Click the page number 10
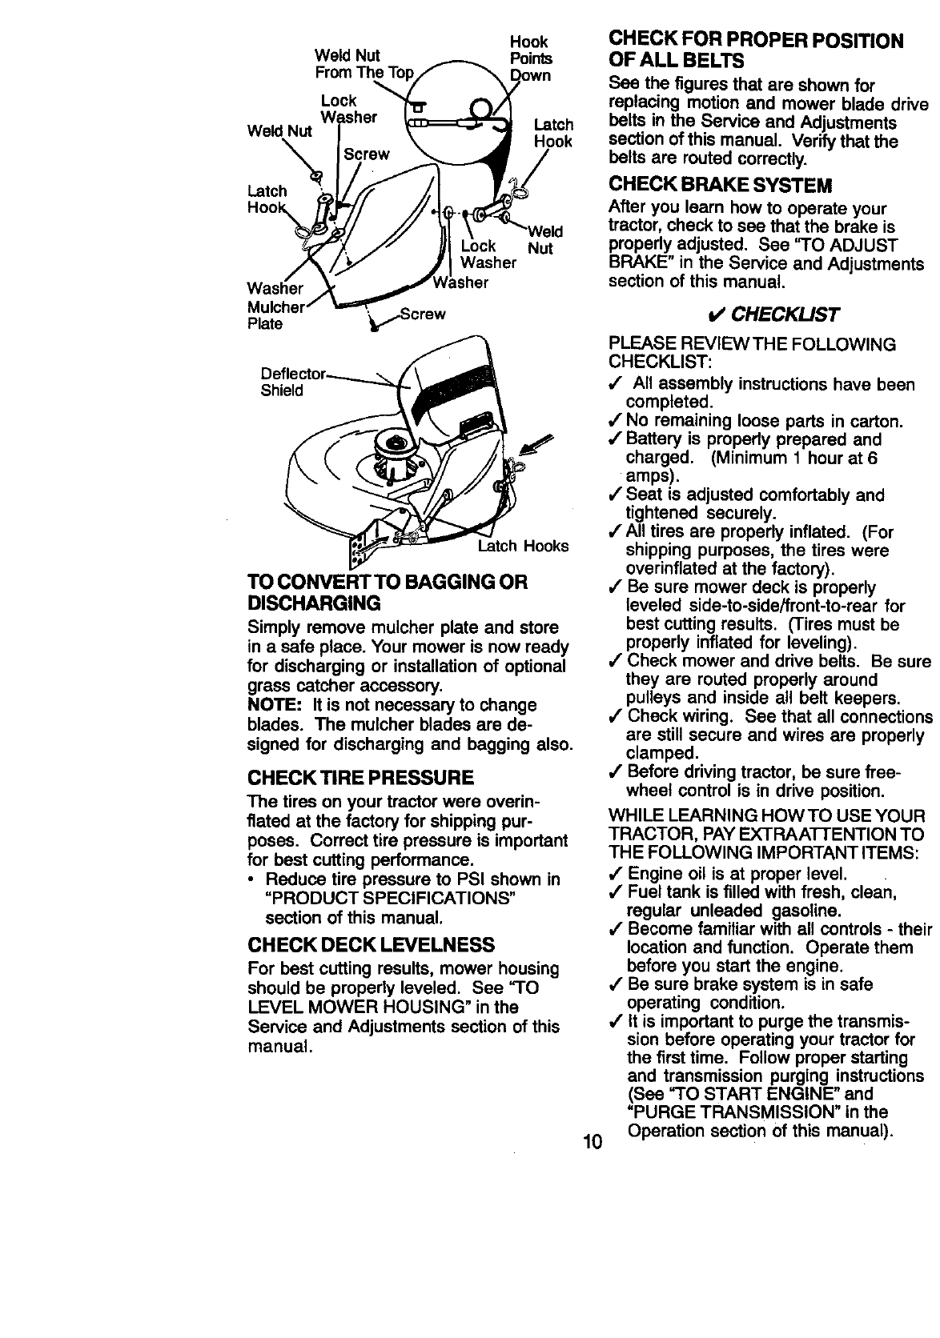tap(592, 1142)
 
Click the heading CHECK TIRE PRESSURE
tap(360, 777)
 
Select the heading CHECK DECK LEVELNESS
tap(371, 943)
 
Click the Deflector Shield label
tap(292, 383)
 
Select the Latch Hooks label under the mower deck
tap(523, 546)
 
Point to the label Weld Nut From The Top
tap(364, 64)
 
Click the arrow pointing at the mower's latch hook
tap(532, 444)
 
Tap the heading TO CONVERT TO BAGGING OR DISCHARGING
tap(388, 591)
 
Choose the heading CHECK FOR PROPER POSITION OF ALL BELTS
tap(756, 50)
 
